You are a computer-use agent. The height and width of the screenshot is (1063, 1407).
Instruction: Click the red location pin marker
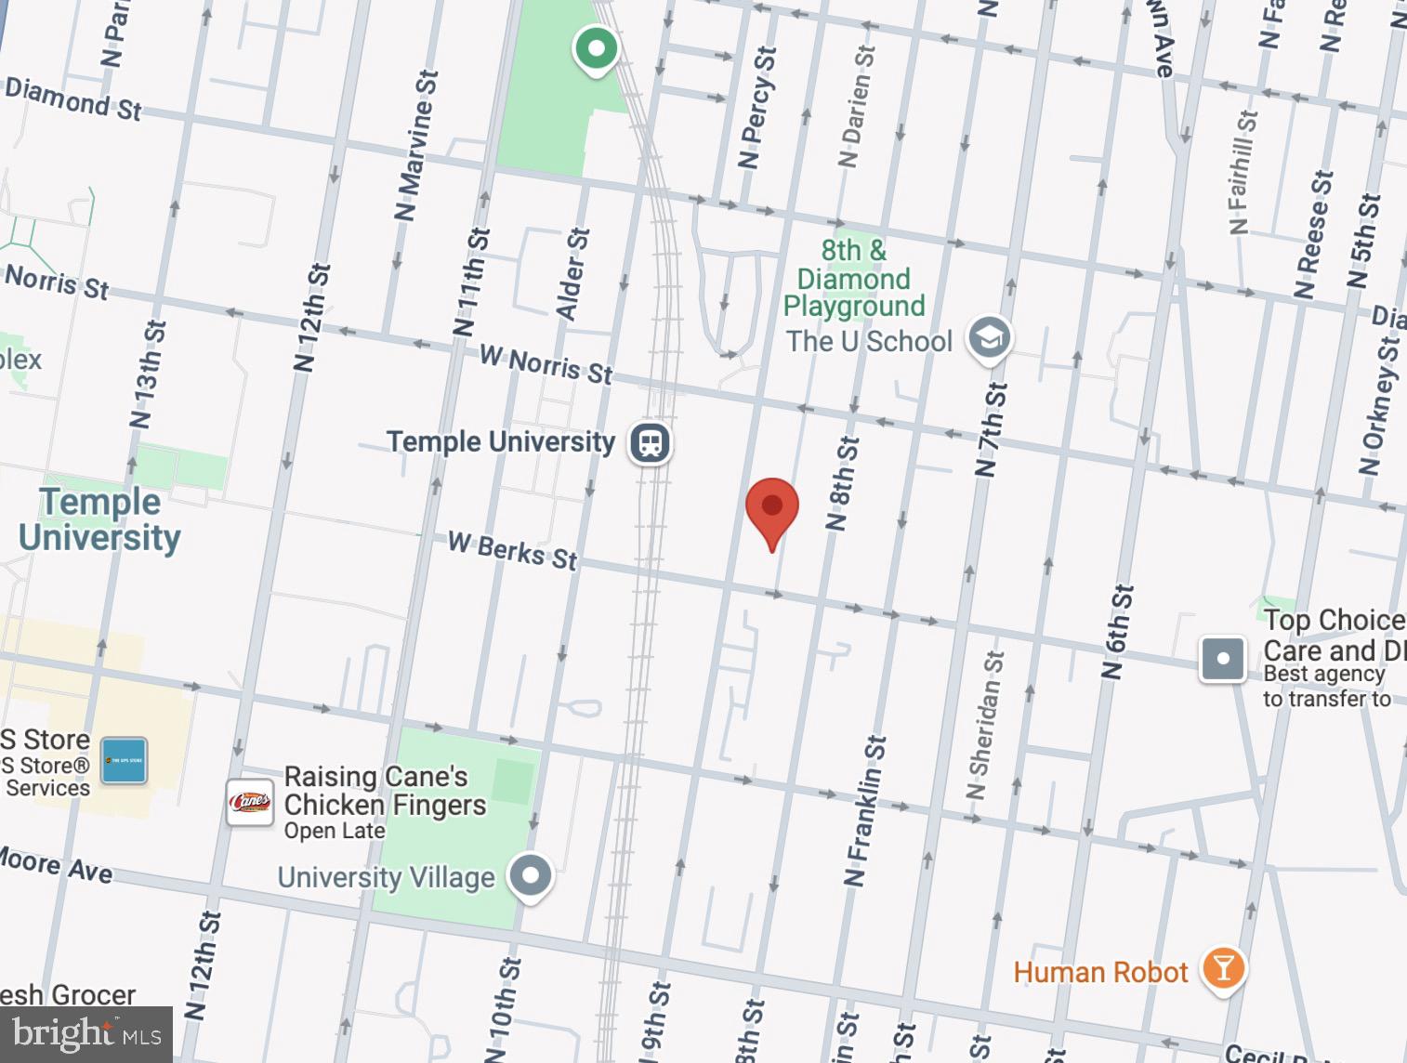771,510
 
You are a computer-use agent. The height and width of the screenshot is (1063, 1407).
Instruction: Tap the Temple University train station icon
651,442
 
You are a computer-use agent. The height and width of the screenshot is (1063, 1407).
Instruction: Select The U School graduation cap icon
989,338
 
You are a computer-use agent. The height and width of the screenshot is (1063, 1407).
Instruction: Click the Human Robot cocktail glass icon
1223,969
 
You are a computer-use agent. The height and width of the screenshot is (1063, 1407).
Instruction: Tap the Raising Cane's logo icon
250,802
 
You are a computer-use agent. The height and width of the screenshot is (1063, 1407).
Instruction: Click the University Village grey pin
531,875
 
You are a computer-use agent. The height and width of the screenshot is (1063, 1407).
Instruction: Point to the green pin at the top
596,48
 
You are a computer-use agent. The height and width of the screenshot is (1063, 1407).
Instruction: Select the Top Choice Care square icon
1222,659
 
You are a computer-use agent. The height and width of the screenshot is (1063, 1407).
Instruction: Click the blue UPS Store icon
124,761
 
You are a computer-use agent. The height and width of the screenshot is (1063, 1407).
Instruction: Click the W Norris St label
546,365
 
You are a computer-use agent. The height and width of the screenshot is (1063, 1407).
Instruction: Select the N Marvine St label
415,146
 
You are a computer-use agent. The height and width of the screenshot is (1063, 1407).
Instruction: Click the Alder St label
572,274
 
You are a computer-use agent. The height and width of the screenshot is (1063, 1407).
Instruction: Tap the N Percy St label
756,108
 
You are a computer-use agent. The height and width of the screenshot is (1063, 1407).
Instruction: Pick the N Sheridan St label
984,725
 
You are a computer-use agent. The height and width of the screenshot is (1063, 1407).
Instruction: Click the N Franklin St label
865,810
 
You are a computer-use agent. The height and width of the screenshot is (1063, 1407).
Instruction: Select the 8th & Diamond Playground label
853,278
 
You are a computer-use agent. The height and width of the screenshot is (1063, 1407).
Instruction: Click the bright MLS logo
86,1034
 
